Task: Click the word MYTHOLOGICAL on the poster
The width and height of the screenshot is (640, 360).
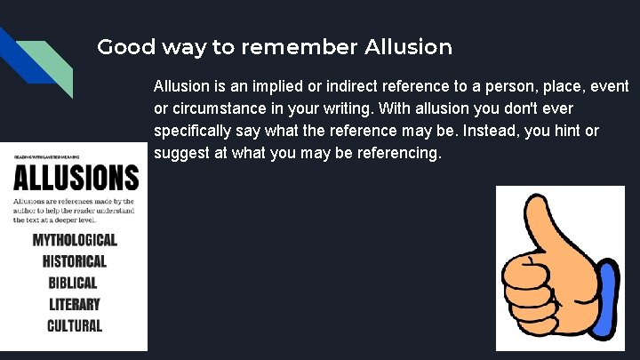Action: click(75, 240)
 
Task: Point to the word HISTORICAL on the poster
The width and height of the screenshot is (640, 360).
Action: click(75, 261)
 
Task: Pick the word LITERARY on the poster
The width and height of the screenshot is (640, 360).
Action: click(75, 304)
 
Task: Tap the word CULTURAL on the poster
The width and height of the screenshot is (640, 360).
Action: click(75, 325)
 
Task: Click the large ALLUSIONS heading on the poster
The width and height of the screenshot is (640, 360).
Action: click(76, 178)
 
